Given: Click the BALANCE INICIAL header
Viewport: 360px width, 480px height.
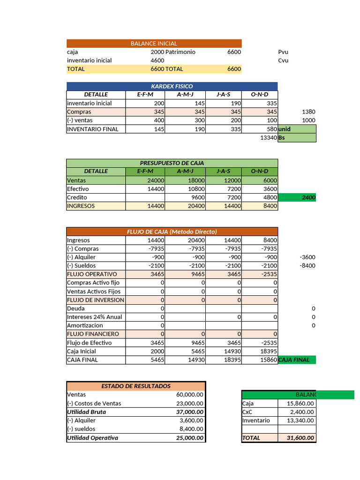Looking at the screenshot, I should (154, 44).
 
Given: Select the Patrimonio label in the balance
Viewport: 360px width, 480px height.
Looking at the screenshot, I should (180, 52).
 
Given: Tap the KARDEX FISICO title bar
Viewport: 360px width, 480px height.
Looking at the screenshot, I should (172, 86).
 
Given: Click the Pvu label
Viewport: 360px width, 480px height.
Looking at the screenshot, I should (283, 52).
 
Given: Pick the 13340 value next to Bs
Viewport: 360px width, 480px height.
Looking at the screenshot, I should (267, 138).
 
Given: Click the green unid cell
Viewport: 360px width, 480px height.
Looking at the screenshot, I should (297, 129).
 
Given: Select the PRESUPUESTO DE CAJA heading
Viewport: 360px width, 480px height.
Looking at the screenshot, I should (172, 163).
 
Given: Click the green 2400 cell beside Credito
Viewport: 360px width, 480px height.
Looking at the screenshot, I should (297, 197).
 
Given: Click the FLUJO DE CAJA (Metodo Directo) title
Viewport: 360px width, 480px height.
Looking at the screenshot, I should (172, 232).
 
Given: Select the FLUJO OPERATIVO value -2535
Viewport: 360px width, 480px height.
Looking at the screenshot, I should (268, 274).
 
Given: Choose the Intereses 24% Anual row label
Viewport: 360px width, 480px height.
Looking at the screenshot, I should (94, 317).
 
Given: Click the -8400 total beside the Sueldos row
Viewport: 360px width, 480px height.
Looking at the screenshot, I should (307, 266).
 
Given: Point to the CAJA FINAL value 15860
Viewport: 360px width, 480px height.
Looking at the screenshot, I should (268, 360).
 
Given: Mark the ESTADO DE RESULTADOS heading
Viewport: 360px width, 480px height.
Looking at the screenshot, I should (136, 386).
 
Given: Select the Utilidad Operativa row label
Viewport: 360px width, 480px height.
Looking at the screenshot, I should (92, 438).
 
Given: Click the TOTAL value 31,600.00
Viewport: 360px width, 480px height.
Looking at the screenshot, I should (296, 438).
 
